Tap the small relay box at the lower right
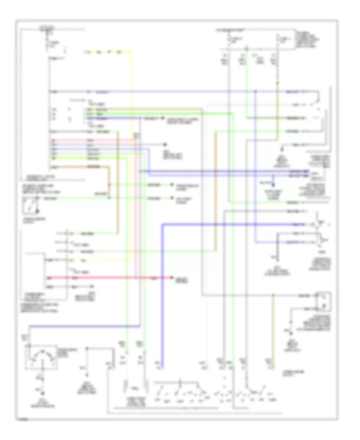(324, 301)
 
